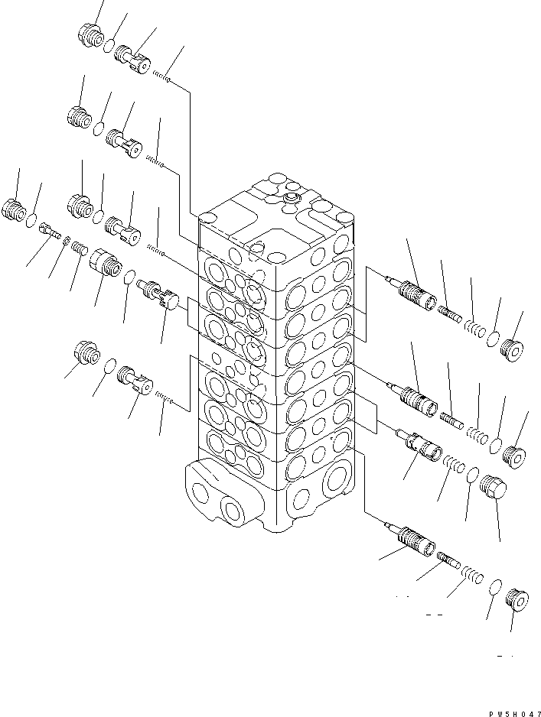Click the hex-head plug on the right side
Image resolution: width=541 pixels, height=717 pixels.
pyautogui.click(x=491, y=486)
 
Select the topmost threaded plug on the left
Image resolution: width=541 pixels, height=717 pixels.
pyautogui.click(x=90, y=35)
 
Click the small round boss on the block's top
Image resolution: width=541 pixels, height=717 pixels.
pyautogui.click(x=291, y=199)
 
